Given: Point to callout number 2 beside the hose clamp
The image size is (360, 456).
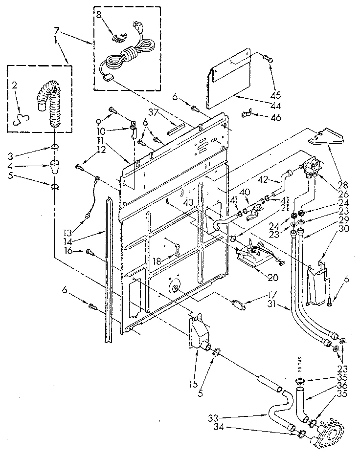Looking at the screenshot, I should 15,85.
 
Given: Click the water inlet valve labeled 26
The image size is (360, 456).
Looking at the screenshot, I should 309,168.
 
